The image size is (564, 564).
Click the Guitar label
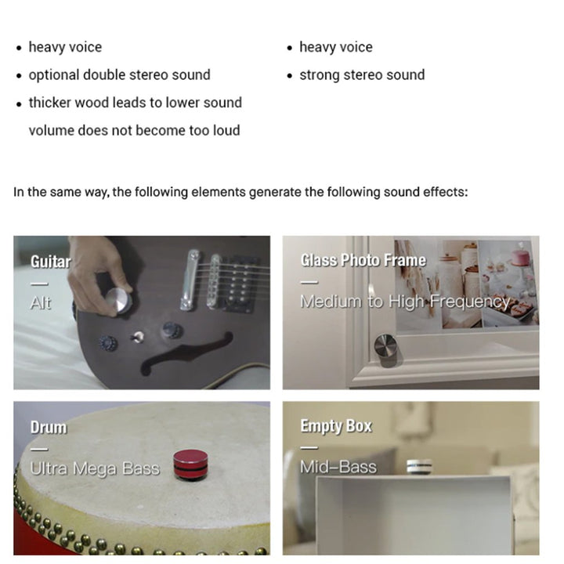pyautogui.click(x=50, y=262)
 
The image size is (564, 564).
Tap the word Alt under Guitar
pyautogui.click(x=40, y=302)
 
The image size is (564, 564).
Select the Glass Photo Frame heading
pyautogui.click(x=363, y=260)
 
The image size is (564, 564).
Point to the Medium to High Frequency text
pyautogui.click(x=404, y=302)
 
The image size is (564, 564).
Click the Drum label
pyautogui.click(x=49, y=428)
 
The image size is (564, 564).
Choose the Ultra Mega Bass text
pyautogui.click(x=94, y=468)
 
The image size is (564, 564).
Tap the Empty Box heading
pyautogui.click(x=336, y=426)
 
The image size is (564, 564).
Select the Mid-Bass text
pyautogui.click(x=338, y=468)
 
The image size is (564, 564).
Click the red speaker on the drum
pyautogui.click(x=190, y=464)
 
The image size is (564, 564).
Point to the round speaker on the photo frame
pyautogui.click(x=385, y=345)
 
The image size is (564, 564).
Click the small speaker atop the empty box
pyautogui.click(x=418, y=467)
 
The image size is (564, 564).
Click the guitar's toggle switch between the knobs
pyautogui.click(x=138, y=337)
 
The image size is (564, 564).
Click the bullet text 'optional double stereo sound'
pyautogui.click(x=119, y=75)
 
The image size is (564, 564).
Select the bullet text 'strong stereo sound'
pyautogui.click(x=361, y=75)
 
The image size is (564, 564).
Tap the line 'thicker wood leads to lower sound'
pyautogui.click(x=135, y=103)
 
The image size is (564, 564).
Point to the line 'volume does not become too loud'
pyautogui.click(x=134, y=130)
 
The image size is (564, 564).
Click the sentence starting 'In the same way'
pyautogui.click(x=240, y=192)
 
